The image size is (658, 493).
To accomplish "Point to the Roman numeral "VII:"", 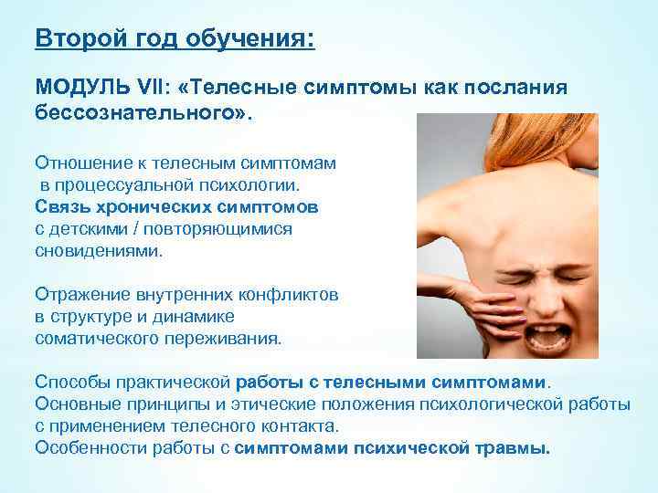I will point(156,87).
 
